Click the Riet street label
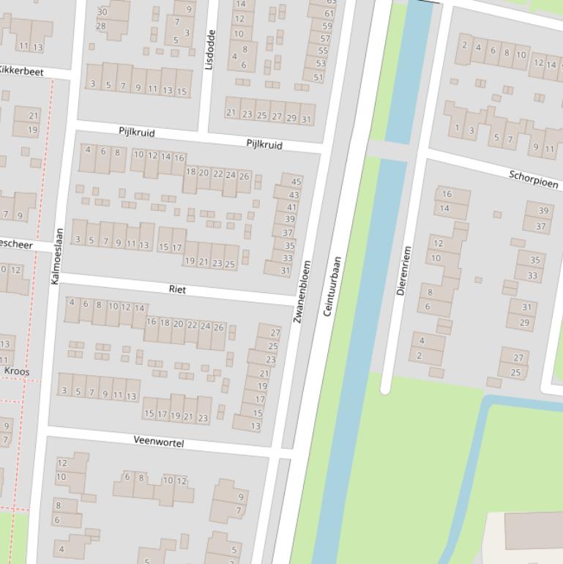point(177,289)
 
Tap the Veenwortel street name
point(159,442)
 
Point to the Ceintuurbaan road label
point(332,286)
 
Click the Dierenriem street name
point(404,271)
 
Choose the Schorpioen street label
point(533,179)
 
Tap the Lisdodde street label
point(210,49)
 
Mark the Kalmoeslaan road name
point(57,256)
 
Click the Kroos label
point(17,371)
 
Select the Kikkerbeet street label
point(20,71)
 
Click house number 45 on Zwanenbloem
point(296,182)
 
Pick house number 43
point(294,195)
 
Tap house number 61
point(329,13)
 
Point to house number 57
point(325,38)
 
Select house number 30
point(102,12)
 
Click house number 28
point(101,26)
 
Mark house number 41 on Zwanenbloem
point(291,207)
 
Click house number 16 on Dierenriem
point(447,194)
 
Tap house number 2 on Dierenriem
point(419,356)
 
